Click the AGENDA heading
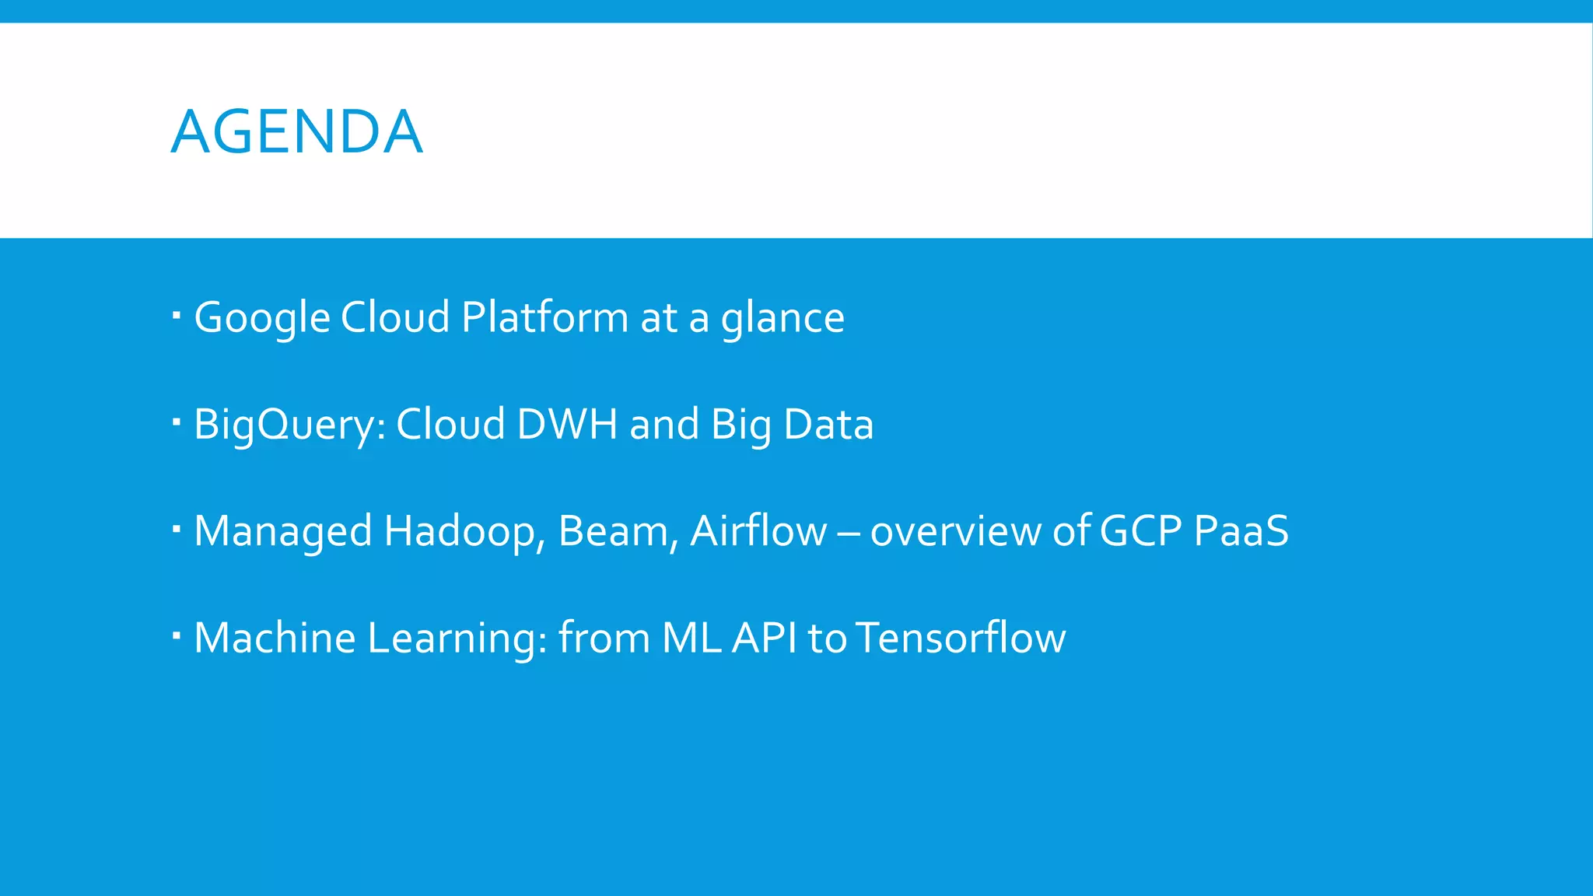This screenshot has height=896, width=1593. (296, 131)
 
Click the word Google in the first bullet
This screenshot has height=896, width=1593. (262, 317)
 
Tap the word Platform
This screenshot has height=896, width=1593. (544, 317)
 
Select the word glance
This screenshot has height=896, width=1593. (782, 317)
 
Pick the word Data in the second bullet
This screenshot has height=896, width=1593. (828, 425)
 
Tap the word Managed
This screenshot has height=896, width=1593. (283, 531)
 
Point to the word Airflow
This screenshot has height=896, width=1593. (758, 531)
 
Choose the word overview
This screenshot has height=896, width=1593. (955, 531)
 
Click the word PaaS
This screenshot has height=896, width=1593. (1241, 531)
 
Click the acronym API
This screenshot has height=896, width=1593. (765, 638)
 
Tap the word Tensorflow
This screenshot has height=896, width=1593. (961, 638)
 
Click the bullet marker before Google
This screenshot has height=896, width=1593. (177, 316)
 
